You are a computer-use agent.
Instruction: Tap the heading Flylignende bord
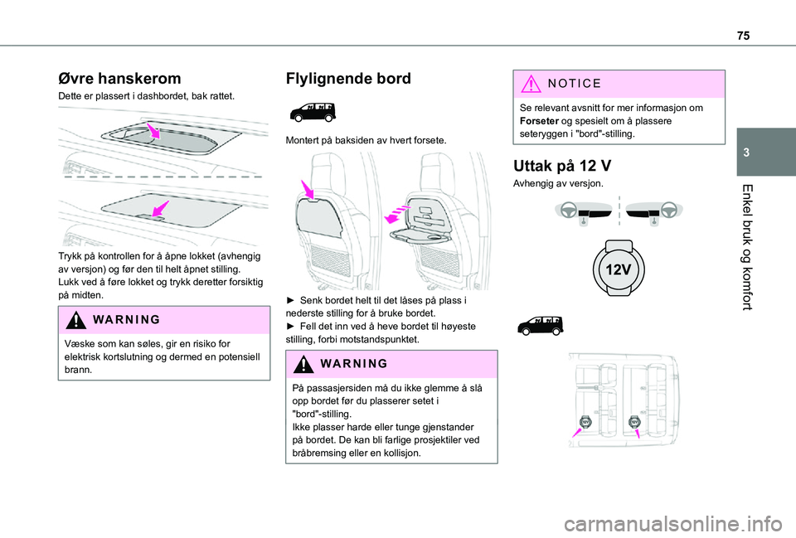click(x=347, y=79)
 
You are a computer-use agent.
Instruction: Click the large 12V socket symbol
click(x=619, y=267)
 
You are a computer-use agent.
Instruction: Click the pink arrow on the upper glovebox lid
click(x=153, y=131)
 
